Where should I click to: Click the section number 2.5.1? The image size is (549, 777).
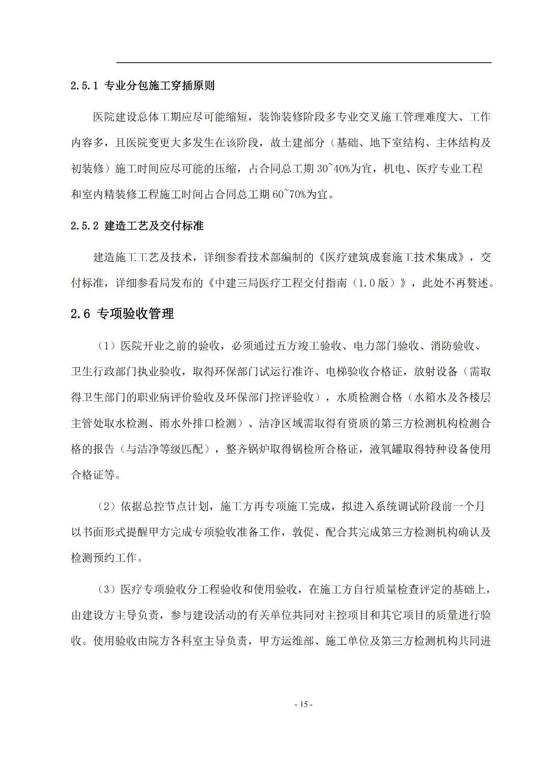pos(84,85)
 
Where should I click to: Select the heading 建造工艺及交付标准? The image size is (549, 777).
pos(154,226)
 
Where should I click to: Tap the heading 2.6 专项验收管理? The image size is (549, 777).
pos(123,314)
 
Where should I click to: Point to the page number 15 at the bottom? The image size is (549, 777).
pos(303,704)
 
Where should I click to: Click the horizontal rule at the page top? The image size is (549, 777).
pos(303,63)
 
